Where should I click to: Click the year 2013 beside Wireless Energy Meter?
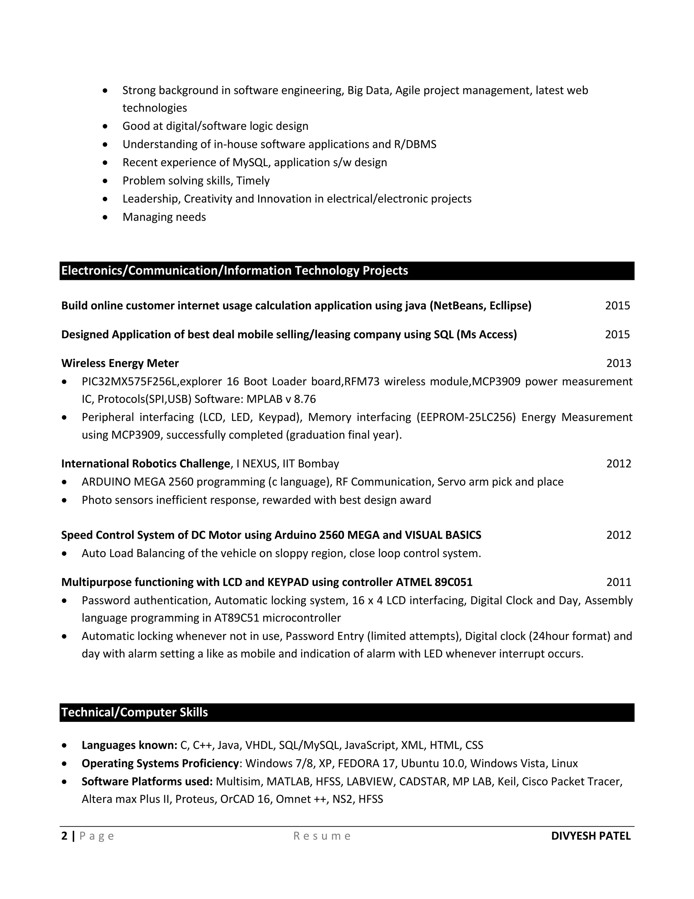618,363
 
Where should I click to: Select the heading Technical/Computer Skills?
135,712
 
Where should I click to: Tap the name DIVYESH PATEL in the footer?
590,836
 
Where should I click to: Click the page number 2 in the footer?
64,836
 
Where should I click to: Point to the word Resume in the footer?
322,836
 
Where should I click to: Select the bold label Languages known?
129,745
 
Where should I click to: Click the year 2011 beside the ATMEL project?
618,582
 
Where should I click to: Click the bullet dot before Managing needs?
105,217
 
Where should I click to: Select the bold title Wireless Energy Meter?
120,363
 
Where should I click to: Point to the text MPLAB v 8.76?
281,399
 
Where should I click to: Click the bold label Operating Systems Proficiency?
160,763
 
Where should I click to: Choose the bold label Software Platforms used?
147,781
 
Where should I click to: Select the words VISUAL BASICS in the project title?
443,535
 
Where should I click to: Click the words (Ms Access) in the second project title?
486,334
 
